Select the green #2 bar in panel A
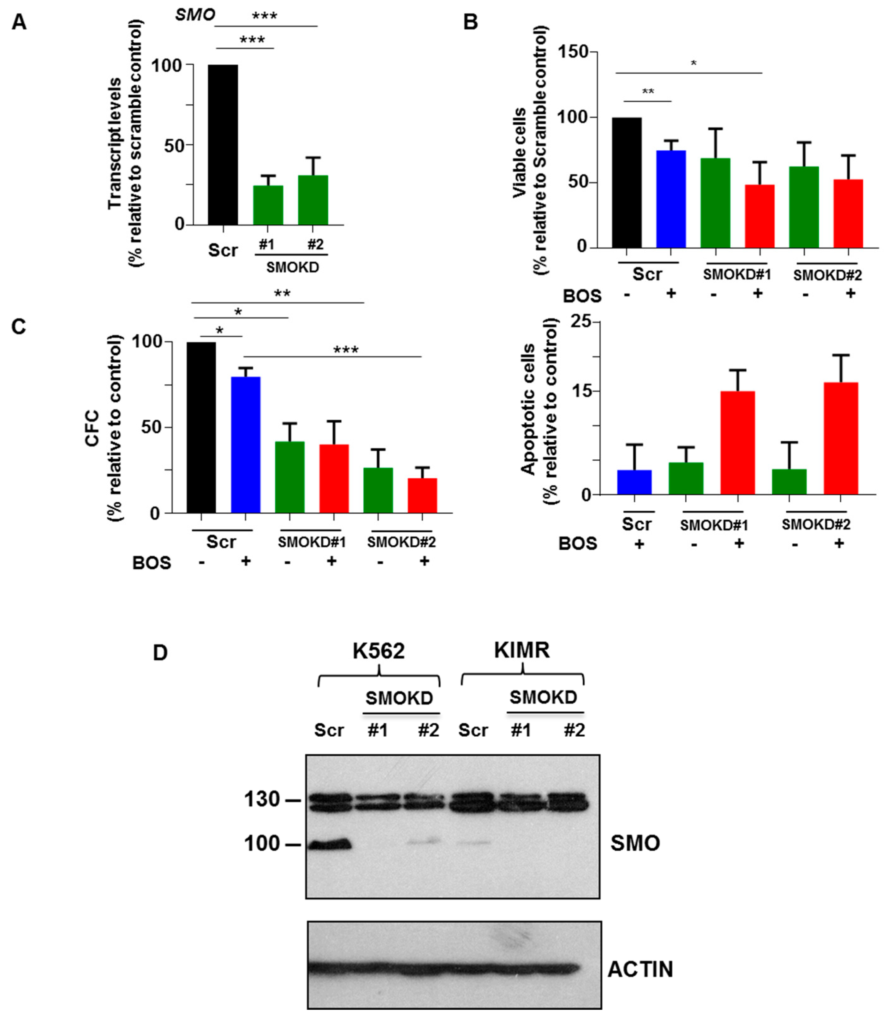click(313, 200)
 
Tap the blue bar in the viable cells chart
click(671, 199)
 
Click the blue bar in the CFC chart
click(246, 444)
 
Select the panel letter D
click(160, 653)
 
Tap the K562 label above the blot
click(379, 650)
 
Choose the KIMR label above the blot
click(522, 650)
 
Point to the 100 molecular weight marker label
click(262, 843)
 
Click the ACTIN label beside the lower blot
click(640, 969)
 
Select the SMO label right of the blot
click(635, 843)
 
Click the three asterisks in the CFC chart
click(346, 350)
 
